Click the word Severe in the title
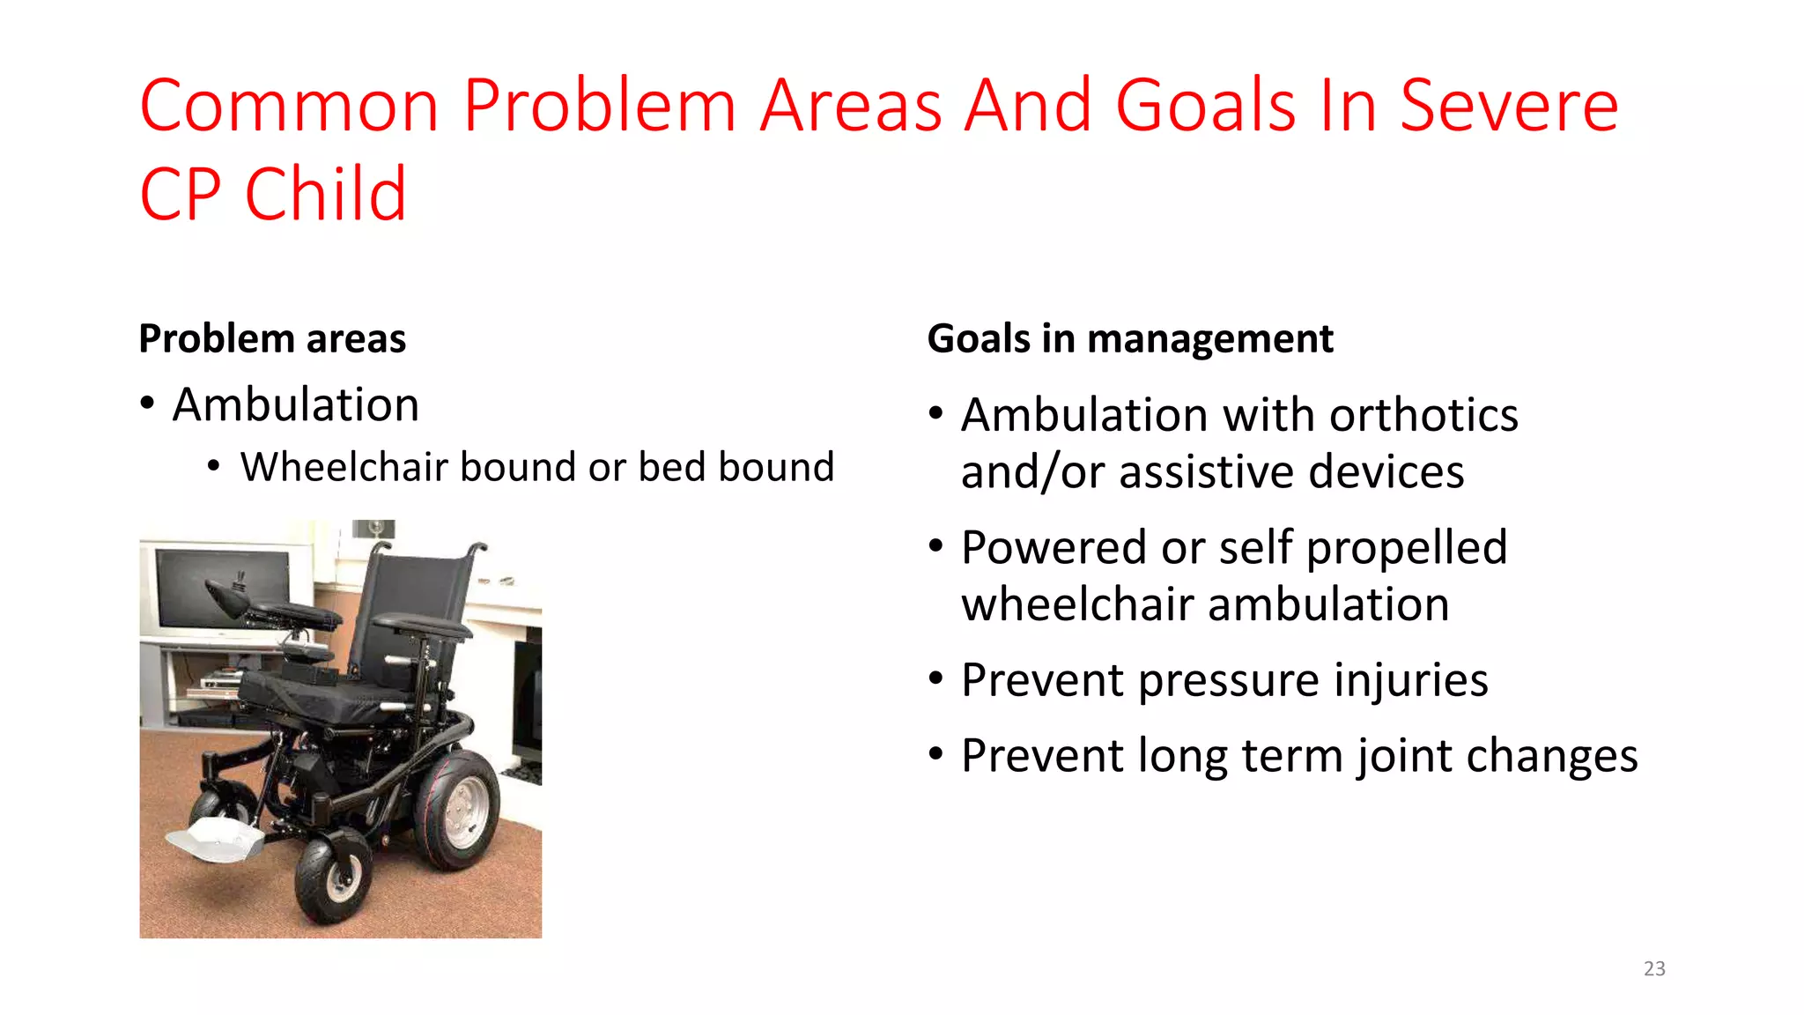tap(1508, 106)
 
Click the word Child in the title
tap(325, 195)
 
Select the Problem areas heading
tap(272, 339)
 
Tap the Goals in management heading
tap(1130, 339)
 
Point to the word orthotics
tap(1423, 415)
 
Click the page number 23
tap(1654, 968)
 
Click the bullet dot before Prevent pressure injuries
tap(936, 679)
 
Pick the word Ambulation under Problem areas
tap(295, 405)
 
